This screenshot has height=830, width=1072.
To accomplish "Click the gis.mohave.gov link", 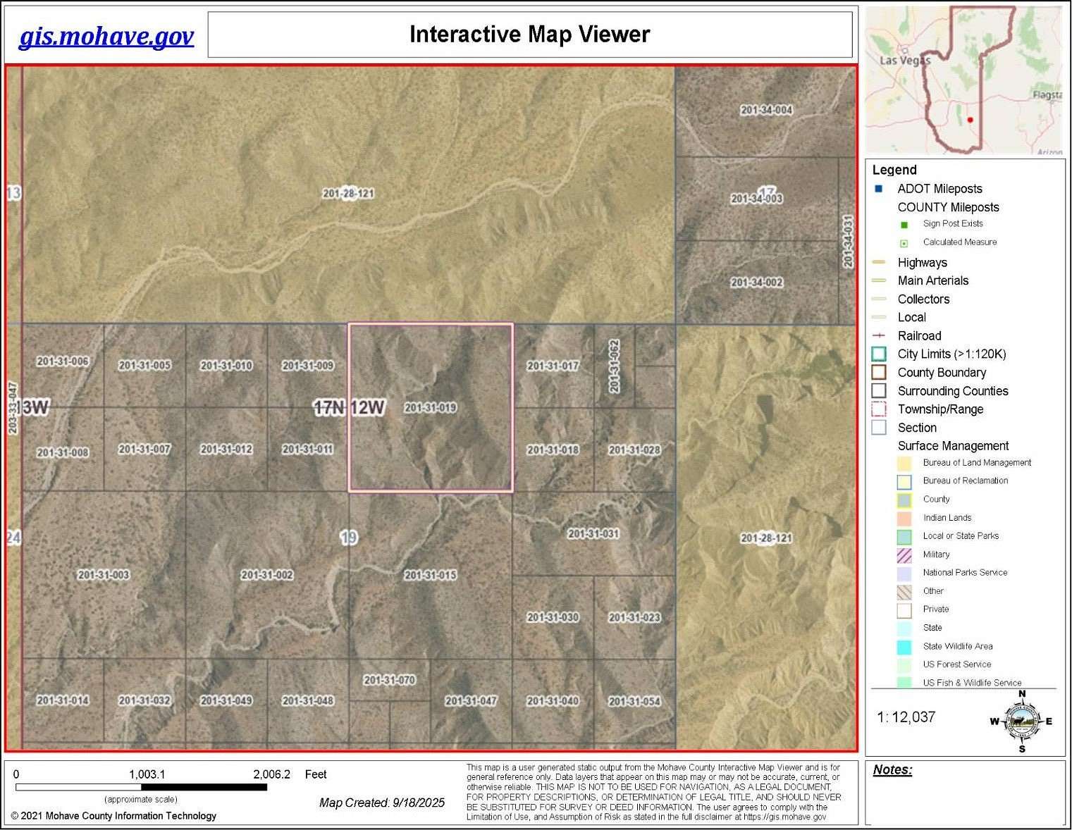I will point(106,36).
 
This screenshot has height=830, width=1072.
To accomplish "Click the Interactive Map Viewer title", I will point(529,34).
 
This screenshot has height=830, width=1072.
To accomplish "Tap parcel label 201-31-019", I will point(430,407).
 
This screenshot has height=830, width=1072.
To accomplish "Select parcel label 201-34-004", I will point(766,110).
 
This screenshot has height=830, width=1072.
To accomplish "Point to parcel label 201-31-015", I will point(430,575).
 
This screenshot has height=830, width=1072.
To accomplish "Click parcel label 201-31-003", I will point(104,575).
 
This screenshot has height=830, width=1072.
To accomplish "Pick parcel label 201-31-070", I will point(390,680).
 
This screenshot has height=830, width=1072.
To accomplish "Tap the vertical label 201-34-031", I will point(848,241).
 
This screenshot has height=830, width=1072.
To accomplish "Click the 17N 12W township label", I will point(350,407).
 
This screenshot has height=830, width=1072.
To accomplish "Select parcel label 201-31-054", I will point(634,701).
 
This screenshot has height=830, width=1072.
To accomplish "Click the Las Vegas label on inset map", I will point(905,61).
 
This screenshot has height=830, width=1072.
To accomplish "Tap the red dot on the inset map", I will point(971,120).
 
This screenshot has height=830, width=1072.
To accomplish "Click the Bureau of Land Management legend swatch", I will point(904,463).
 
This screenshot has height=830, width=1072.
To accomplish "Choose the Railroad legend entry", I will point(919,336).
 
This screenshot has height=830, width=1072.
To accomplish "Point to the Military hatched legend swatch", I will point(904,555).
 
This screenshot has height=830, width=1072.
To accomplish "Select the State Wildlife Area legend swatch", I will point(904,647).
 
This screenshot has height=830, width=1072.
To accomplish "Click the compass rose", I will point(1022,721).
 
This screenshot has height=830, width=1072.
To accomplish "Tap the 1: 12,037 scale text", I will point(906,717).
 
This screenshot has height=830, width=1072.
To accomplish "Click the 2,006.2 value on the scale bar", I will point(271,774).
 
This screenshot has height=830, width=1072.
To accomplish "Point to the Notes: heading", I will point(892,770).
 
